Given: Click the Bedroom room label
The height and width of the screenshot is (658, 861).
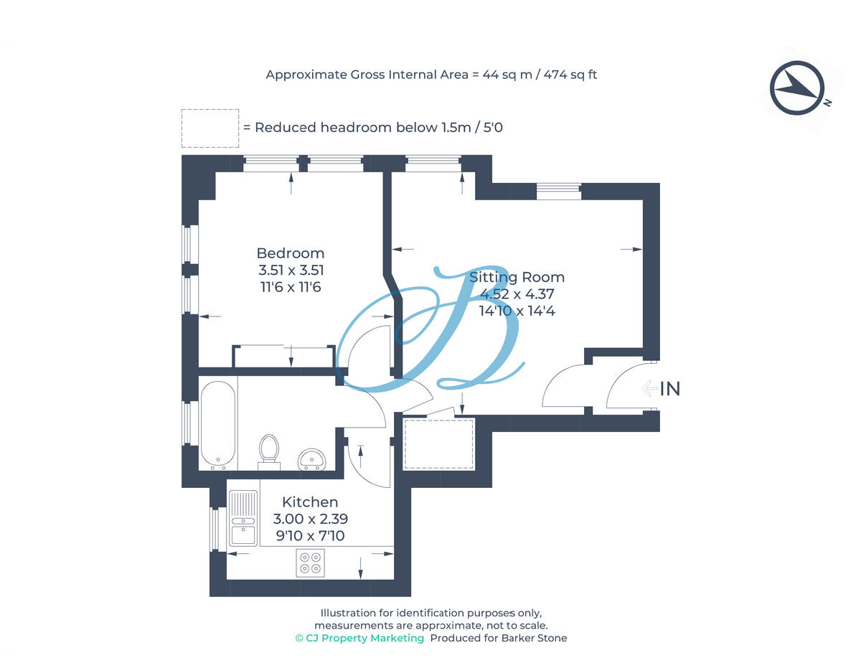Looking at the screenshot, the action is [290, 253].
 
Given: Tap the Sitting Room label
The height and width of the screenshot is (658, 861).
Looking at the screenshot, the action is [517, 277].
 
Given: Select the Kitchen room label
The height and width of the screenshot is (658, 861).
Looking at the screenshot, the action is [310, 502].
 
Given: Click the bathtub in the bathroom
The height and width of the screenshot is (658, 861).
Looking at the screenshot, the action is [217, 423].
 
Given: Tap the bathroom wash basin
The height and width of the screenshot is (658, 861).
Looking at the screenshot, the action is [312, 458].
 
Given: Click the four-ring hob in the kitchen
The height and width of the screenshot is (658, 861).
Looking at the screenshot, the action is [311, 562].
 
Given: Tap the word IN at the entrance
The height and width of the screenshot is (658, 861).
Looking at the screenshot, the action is [669, 389].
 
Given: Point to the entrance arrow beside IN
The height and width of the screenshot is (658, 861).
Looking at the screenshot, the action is [649, 389].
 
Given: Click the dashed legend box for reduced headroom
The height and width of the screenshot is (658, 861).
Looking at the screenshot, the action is [210, 128].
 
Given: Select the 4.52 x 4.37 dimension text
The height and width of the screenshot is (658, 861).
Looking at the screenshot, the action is [517, 294].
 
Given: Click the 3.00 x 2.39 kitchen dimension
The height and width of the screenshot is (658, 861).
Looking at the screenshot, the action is [310, 519].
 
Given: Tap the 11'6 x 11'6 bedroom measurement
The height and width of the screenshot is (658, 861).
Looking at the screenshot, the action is [290, 287].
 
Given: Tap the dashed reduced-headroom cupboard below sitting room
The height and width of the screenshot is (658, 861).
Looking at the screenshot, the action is [438, 443].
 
